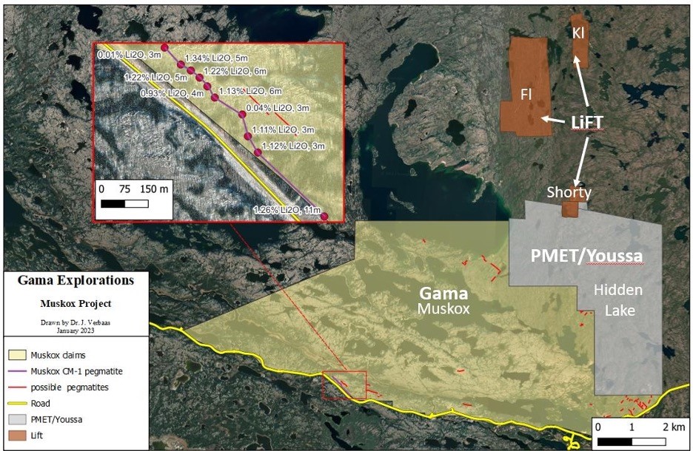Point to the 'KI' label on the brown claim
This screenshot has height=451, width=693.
click(x=579, y=33)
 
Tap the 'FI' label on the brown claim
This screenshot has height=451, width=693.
click(x=526, y=94)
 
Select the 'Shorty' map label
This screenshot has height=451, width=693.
click(x=569, y=192)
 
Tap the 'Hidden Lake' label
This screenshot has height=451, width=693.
click(x=618, y=299)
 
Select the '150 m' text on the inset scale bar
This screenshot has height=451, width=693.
click(x=154, y=189)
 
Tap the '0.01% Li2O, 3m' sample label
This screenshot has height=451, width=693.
click(x=127, y=54)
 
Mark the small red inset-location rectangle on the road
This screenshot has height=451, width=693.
click(x=344, y=385)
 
